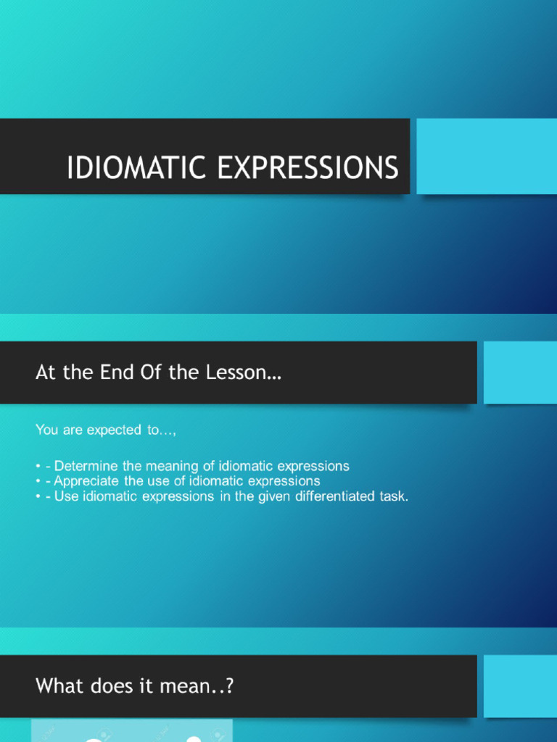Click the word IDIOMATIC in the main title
pos(137,168)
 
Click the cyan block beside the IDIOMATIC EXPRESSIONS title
pos(486,157)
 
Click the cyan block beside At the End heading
pos(519,372)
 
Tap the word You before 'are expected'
pos(47,430)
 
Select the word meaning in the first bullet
pos(172,466)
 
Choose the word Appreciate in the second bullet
pos(87,481)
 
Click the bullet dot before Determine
pos(38,467)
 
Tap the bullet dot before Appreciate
pos(38,482)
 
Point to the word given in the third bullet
pos(275,496)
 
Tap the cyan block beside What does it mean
pos(519,685)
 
